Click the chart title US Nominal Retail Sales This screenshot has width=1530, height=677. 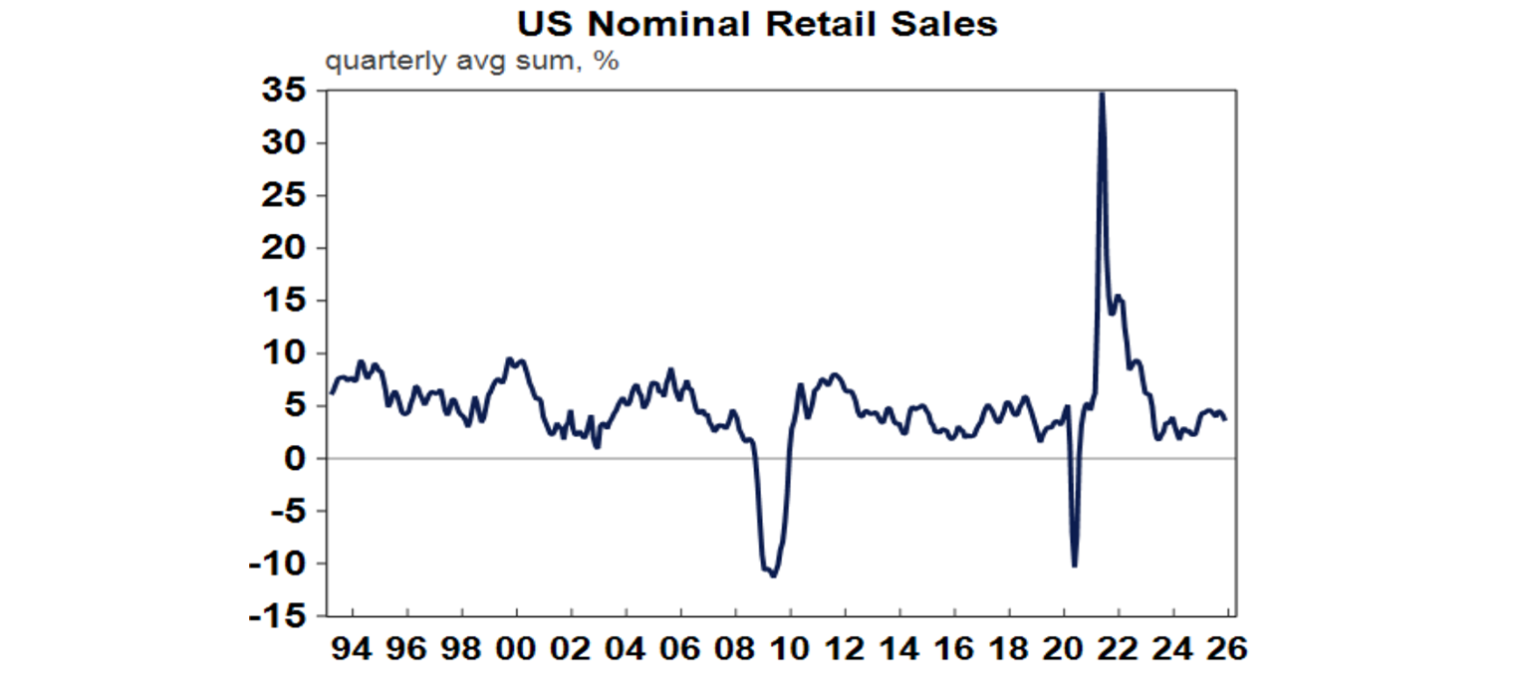click(756, 24)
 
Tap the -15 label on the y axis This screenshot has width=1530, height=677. click(279, 616)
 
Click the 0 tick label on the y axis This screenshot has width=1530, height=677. click(296, 459)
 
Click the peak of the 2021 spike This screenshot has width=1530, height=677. click(1101, 93)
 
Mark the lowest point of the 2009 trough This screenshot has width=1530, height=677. click(774, 575)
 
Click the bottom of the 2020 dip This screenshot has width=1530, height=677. click(1075, 566)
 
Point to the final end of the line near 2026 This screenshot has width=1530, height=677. click(1225, 418)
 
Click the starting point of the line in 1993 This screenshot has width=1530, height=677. click(331, 393)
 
